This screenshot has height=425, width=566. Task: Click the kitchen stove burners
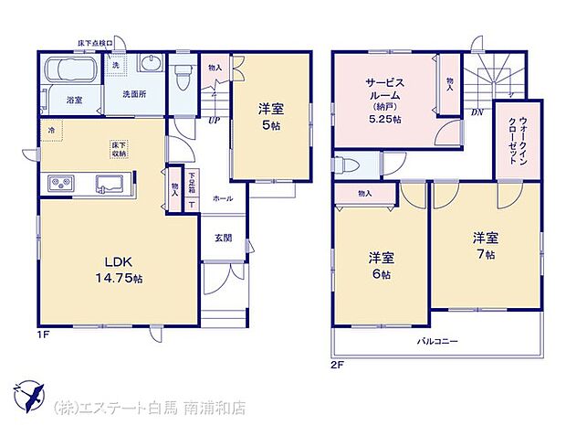tap(60, 184)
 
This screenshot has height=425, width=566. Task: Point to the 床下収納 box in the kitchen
tap(118, 150)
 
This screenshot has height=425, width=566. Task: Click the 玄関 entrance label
tap(223, 239)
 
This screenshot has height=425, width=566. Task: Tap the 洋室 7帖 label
tap(485, 244)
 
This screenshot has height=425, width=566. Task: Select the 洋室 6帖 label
tap(380, 264)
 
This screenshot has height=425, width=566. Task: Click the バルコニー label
tap(438, 340)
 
